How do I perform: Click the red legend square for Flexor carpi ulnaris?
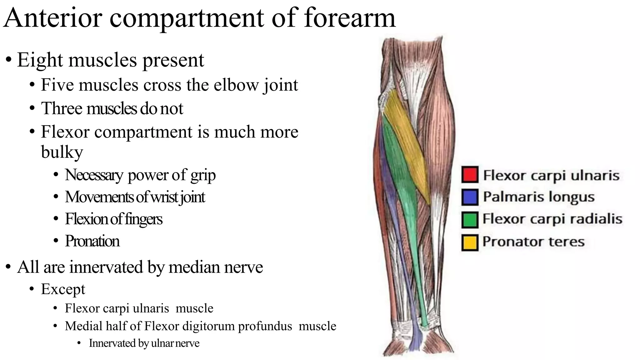pos(469,175)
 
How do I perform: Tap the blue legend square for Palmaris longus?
pos(469,197)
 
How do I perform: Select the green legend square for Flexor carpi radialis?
pos(469,220)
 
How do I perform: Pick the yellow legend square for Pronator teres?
pos(469,242)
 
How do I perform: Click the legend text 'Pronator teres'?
pos(533,242)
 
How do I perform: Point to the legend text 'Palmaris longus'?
pos(538,197)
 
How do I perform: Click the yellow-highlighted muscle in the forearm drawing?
pos(406,137)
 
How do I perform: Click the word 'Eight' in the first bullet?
pos(40,60)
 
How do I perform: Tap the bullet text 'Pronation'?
pos(92,241)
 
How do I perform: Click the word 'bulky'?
pos(62,152)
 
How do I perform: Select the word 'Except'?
pos(63,289)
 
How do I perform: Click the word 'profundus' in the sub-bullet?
pos(265,326)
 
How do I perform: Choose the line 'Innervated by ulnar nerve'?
pos(144,343)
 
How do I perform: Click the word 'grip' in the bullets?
pos(203,175)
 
